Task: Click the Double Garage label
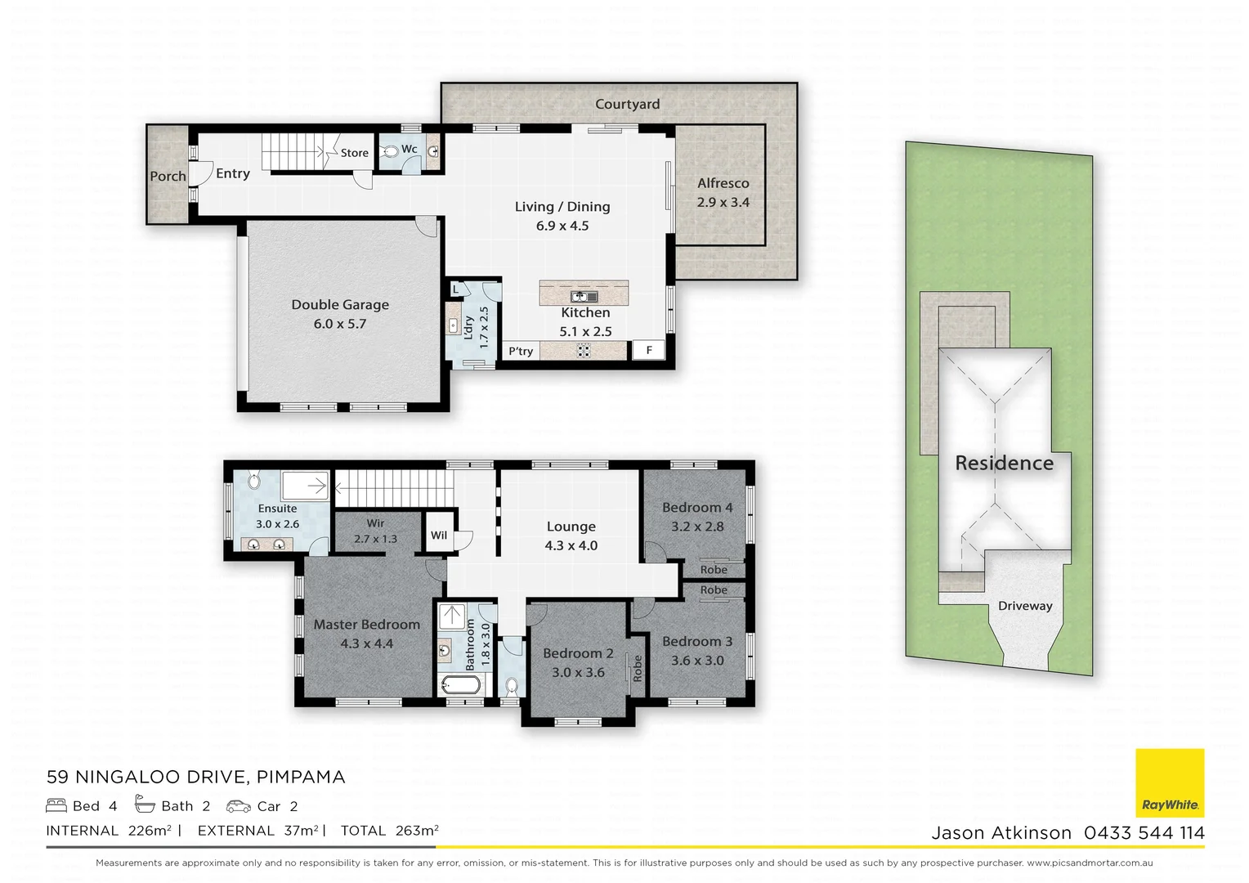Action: click(x=340, y=305)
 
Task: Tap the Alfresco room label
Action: click(x=723, y=184)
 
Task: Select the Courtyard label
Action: click(x=627, y=105)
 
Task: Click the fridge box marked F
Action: click(x=649, y=350)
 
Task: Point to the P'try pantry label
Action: click(x=521, y=351)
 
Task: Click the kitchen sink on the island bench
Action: click(x=584, y=296)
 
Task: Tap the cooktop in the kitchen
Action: click(x=584, y=350)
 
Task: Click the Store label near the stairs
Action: click(x=354, y=153)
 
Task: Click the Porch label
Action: click(x=168, y=177)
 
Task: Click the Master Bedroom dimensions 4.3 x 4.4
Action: click(x=366, y=644)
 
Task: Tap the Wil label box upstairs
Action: click(x=439, y=536)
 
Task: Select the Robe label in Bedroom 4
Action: click(x=713, y=570)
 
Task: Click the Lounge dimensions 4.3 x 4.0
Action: click(x=571, y=546)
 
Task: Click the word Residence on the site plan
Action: click(x=1004, y=464)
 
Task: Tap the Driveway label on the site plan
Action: click(x=1024, y=606)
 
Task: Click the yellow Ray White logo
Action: click(x=1170, y=782)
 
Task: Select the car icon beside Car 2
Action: click(x=239, y=806)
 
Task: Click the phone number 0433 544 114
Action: click(x=1144, y=833)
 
